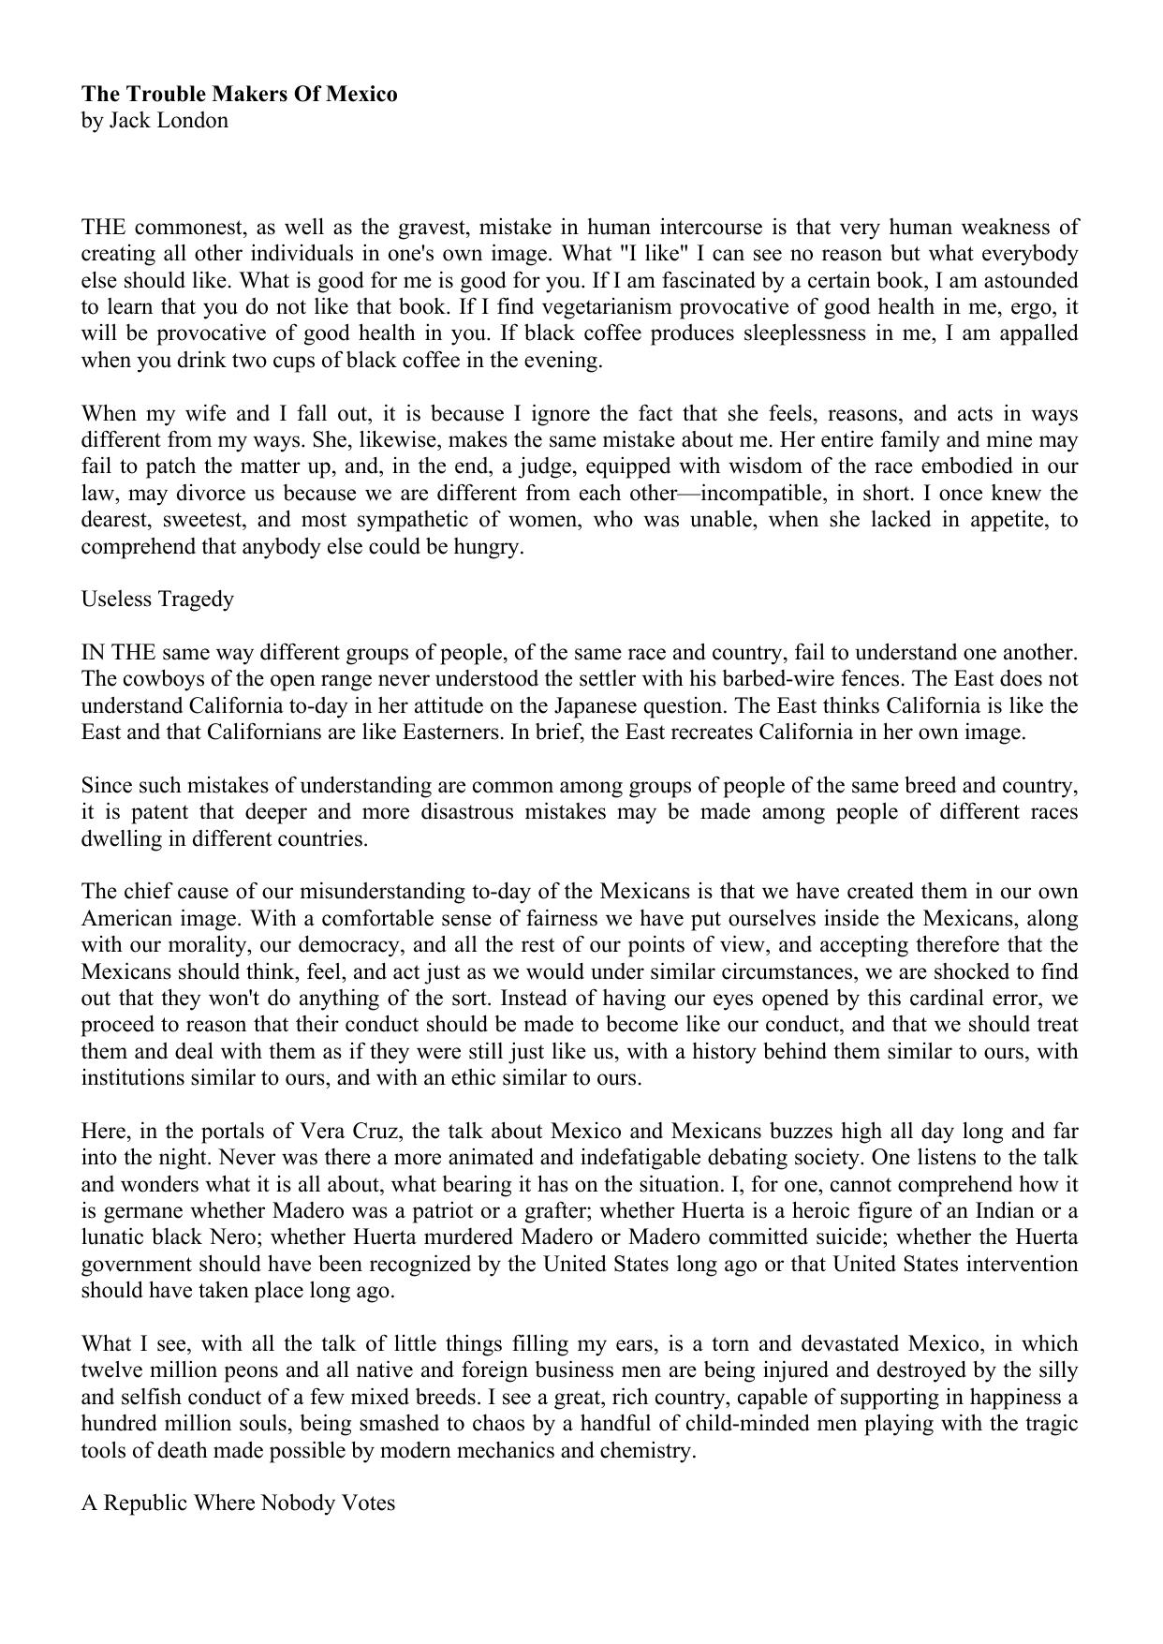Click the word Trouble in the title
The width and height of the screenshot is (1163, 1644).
click(164, 94)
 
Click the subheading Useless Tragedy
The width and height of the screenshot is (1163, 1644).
click(157, 599)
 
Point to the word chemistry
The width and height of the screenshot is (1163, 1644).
click(648, 1451)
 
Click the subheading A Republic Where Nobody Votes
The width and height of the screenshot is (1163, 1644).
click(238, 1503)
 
